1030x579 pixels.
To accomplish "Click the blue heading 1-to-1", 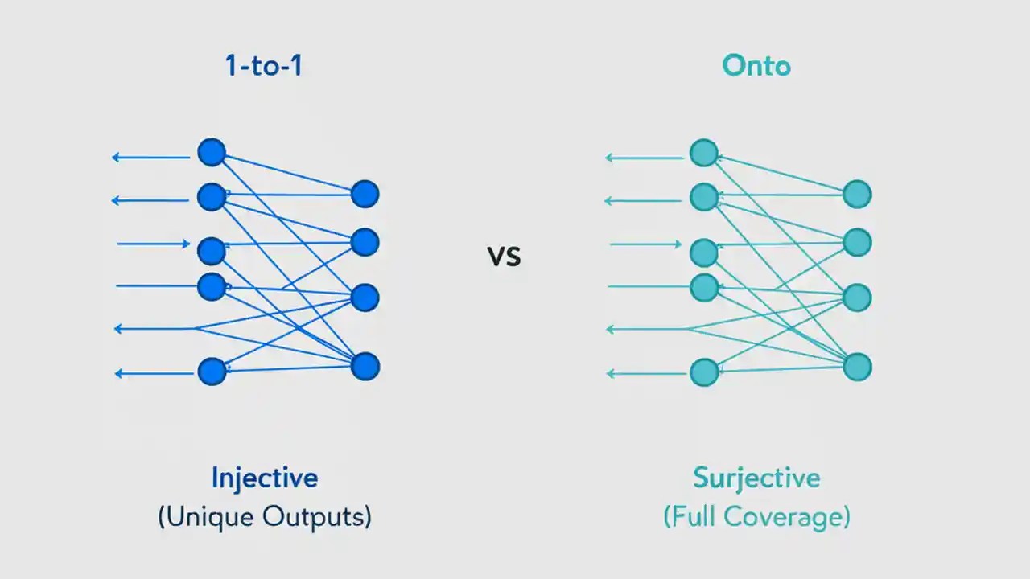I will click(264, 65).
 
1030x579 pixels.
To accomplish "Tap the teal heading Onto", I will click(756, 65).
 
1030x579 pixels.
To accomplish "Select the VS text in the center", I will click(505, 257).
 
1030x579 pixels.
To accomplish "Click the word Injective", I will click(265, 478).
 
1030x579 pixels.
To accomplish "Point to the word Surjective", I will click(756, 478).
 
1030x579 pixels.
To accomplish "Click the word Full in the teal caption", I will click(697, 517).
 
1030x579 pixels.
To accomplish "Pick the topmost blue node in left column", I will click(212, 152).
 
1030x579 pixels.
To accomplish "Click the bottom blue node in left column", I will click(212, 371).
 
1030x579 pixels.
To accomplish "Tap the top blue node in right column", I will click(365, 194).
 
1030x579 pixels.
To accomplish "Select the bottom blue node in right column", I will click(365, 367).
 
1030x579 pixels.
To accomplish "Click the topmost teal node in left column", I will click(704, 152).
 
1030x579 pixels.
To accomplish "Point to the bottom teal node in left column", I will click(704, 372).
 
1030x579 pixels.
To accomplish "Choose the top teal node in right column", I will click(857, 194).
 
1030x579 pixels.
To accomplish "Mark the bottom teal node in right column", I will click(857, 367).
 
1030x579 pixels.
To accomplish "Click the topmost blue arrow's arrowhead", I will click(117, 158).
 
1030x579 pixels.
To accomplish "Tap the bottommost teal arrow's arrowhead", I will click(610, 373).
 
